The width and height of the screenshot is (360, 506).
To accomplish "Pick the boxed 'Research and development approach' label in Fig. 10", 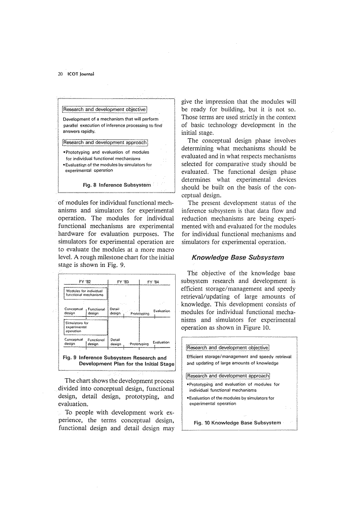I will (x=228, y=375).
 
